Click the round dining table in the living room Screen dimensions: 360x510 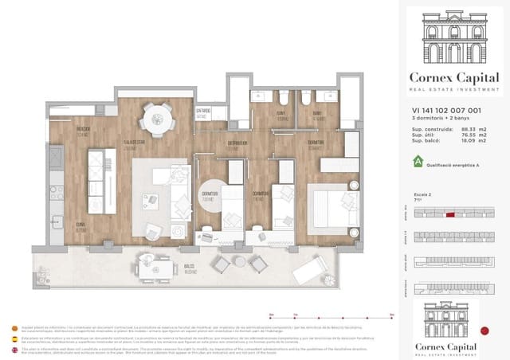click(156, 121)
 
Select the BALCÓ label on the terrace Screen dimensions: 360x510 click(190, 268)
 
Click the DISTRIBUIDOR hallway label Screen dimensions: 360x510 click(236, 145)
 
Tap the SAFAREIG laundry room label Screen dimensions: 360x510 click(202, 113)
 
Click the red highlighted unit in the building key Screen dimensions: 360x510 click(450, 214)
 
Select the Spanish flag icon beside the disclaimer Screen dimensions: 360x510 click(13, 338)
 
